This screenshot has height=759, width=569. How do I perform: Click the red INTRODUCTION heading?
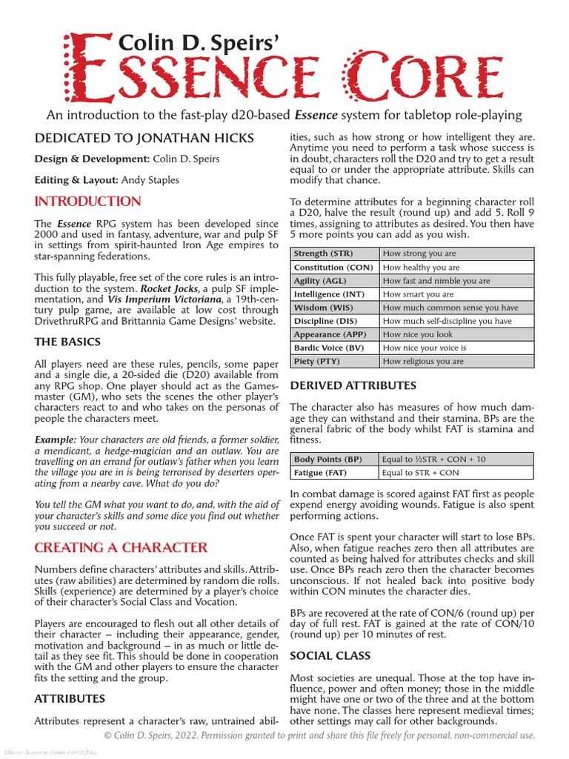click(x=87, y=202)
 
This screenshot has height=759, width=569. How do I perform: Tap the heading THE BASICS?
click(x=67, y=342)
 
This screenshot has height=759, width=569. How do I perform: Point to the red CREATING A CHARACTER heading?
click(x=121, y=548)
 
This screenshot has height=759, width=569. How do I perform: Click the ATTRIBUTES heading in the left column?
click(x=70, y=698)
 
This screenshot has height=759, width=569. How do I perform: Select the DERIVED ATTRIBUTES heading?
click(x=353, y=385)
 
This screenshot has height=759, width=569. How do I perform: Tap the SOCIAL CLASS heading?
click(x=330, y=656)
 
